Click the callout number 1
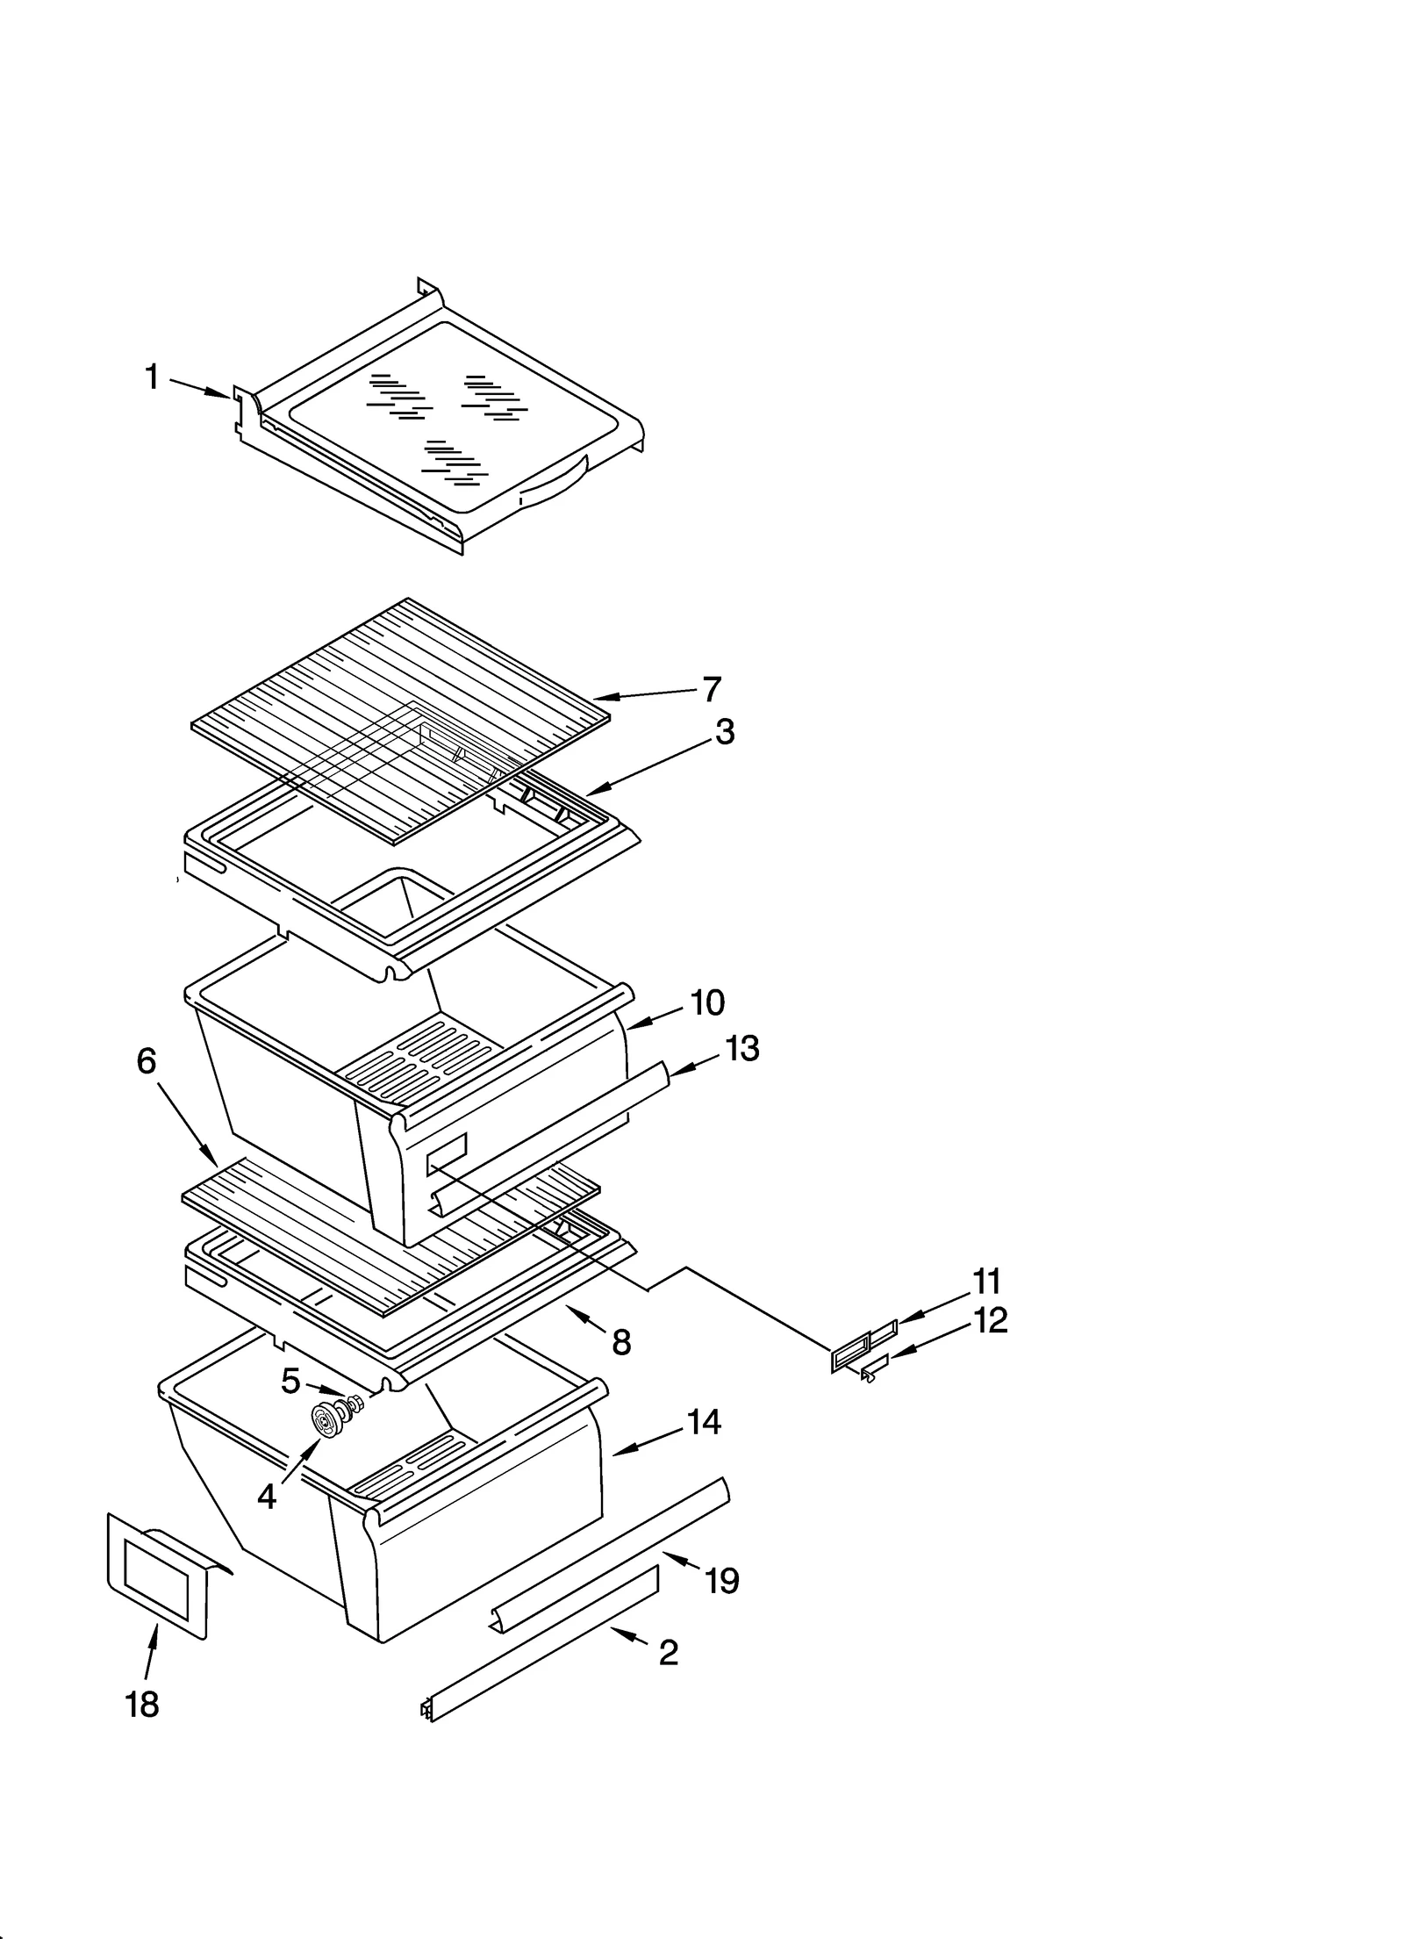(x=152, y=378)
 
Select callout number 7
(x=710, y=689)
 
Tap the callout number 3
(x=724, y=731)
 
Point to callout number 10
(x=707, y=1002)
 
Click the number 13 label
(x=742, y=1048)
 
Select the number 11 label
(x=986, y=1282)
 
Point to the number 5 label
(x=290, y=1381)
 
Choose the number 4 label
(x=267, y=1497)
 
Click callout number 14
(x=704, y=1421)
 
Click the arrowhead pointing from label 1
(x=224, y=395)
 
